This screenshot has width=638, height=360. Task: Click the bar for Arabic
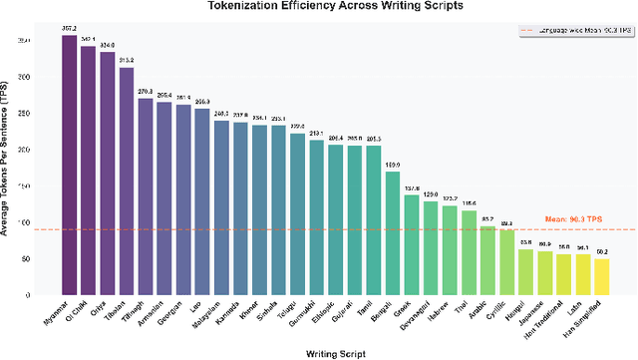tap(487, 259)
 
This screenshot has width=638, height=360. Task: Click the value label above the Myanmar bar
tap(69, 29)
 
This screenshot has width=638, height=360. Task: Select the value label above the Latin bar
tap(582, 247)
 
